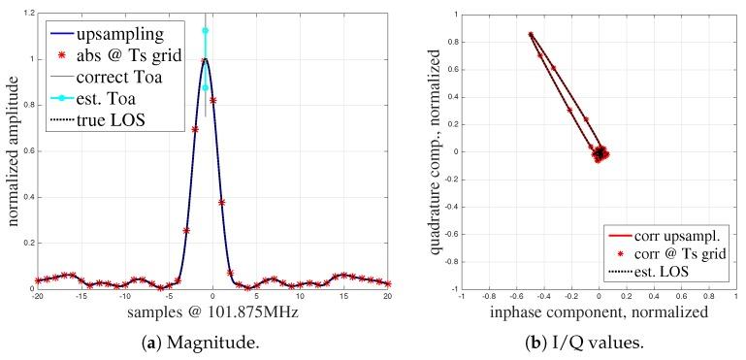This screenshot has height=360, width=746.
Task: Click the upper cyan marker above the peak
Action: [x=205, y=30]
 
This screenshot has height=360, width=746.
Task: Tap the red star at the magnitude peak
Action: [x=204, y=60]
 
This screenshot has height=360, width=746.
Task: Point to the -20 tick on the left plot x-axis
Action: [x=37, y=298]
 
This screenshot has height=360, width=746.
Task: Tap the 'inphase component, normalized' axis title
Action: [x=598, y=312]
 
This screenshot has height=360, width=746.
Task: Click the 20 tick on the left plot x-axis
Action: [x=388, y=298]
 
